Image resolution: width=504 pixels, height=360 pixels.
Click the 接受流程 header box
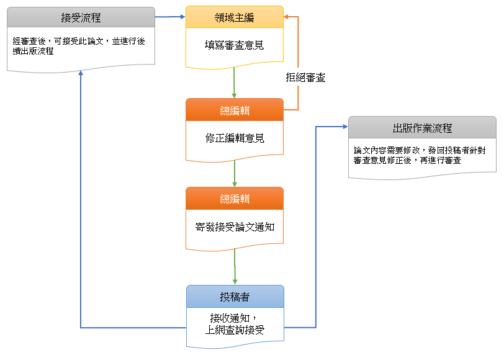coord(81,17)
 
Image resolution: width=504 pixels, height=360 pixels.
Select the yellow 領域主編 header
coord(235,17)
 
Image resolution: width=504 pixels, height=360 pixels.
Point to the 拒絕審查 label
coord(305,78)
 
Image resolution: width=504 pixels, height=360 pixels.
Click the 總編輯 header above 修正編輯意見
coord(235,110)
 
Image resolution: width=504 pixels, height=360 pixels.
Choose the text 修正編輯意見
coord(235,138)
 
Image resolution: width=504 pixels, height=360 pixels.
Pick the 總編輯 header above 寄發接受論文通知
coord(235,199)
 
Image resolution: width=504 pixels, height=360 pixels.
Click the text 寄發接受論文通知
coord(235,227)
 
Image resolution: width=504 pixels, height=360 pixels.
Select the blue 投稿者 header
coord(235,297)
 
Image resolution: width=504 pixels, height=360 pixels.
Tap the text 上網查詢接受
coord(235,330)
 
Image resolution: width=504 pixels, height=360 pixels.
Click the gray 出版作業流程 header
coord(422,128)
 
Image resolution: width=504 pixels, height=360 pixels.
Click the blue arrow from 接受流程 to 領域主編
coord(171,17)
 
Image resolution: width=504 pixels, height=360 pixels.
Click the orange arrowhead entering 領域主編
coord(287,17)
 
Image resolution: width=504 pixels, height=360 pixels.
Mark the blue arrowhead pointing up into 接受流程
coord(81,73)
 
